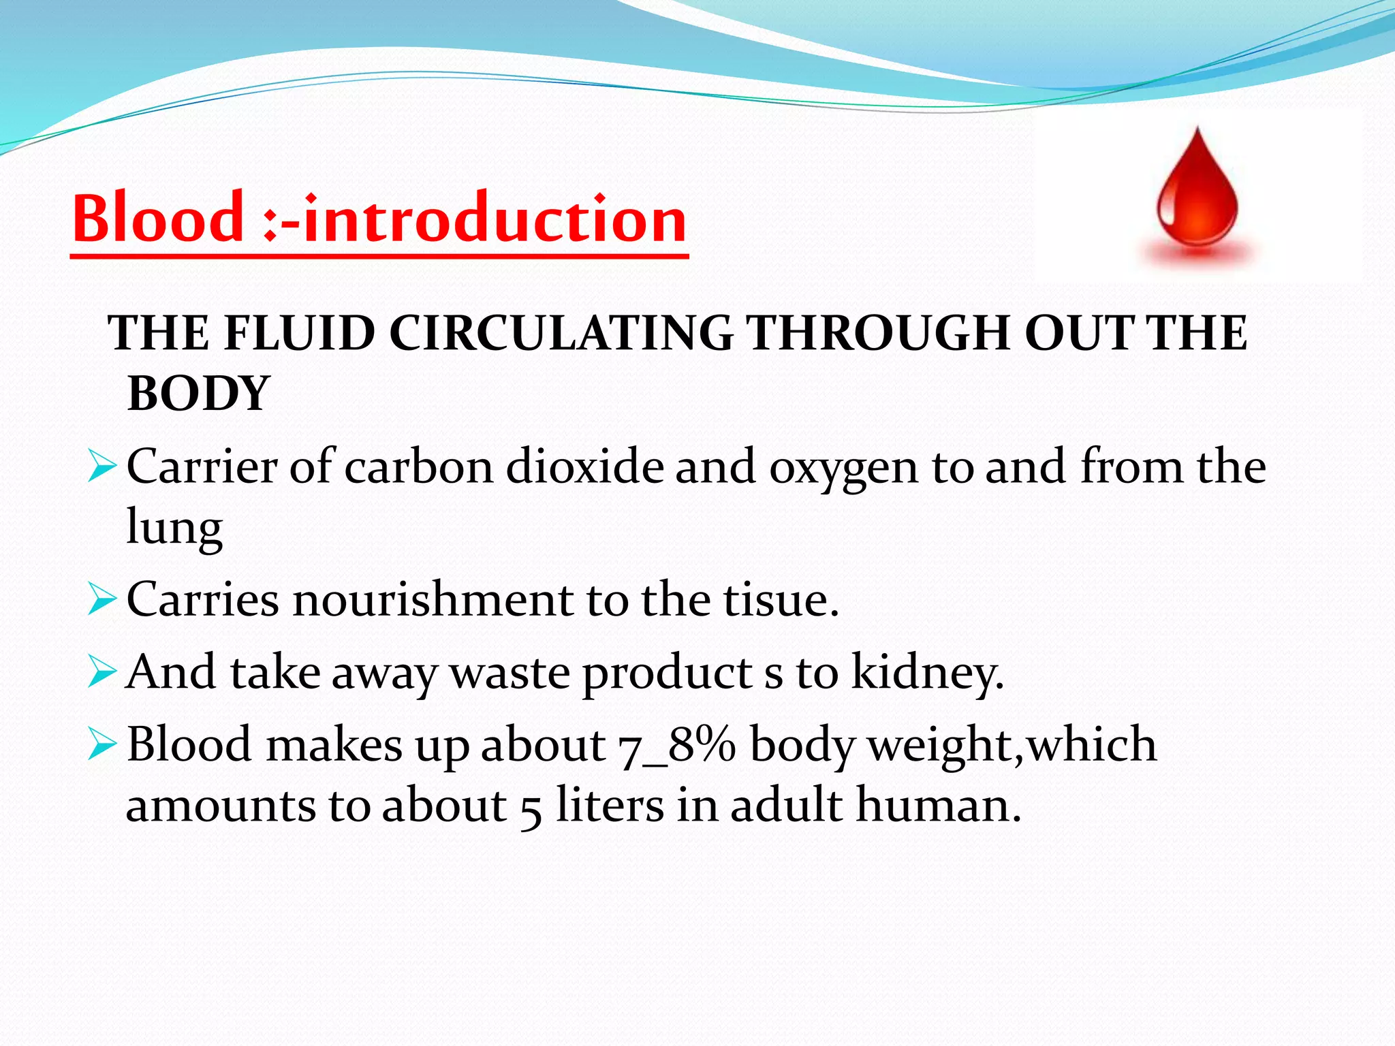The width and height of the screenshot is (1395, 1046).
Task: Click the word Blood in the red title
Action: coord(158,219)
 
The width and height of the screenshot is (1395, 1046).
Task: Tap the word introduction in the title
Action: coord(495,219)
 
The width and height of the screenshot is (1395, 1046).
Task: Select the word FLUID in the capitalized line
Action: coord(299,334)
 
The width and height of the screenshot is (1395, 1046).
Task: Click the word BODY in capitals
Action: coord(198,394)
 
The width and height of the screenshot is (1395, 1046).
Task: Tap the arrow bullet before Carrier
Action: coord(103,469)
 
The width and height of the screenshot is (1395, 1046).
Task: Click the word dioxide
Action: coord(584,467)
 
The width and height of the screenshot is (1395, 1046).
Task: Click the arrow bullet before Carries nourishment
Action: coord(103,601)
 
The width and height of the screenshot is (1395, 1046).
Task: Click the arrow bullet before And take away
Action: coord(103,673)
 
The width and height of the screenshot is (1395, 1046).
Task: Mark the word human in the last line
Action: coord(938,806)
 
